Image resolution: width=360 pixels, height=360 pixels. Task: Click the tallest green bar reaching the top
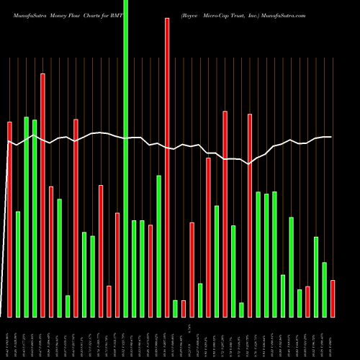[x=126, y=158]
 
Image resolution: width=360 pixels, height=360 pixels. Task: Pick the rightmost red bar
[x=333, y=299]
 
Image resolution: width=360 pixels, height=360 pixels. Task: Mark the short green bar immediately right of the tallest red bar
[x=175, y=308]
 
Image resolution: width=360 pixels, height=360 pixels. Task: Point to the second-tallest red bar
[x=42, y=195]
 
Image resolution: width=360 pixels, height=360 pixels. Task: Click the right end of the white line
[x=331, y=137]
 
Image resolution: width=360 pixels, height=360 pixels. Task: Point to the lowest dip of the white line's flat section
[x=249, y=164]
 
